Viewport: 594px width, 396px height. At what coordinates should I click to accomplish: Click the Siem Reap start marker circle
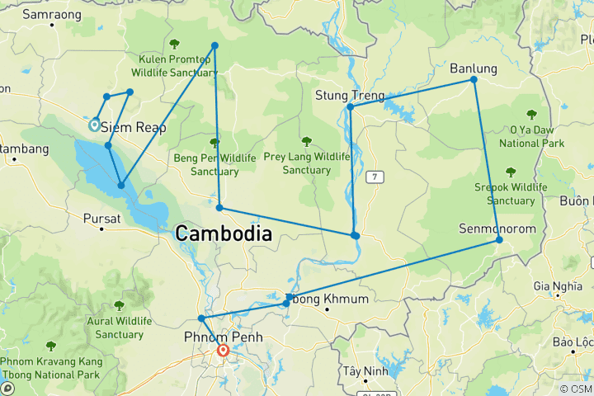(x=94, y=125)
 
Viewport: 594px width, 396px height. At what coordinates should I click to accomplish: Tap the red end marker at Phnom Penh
(x=223, y=350)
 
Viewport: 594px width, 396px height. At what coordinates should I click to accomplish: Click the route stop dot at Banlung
(x=474, y=79)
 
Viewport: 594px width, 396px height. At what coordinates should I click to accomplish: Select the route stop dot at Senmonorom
(x=499, y=240)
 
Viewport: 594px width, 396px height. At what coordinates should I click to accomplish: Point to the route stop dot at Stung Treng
(x=350, y=106)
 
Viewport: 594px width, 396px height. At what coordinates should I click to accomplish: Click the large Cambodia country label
(x=222, y=234)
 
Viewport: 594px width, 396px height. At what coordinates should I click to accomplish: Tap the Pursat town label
(x=102, y=219)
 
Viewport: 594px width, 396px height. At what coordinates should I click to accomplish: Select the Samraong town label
(x=51, y=14)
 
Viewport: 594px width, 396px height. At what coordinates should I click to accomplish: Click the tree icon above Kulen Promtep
(x=173, y=44)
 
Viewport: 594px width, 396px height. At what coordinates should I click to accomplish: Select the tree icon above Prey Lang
(x=307, y=141)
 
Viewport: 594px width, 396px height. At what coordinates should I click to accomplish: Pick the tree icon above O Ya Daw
(x=532, y=115)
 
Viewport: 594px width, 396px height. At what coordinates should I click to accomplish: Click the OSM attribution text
(x=575, y=389)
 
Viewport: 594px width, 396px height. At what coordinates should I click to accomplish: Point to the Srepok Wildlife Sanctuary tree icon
(x=510, y=172)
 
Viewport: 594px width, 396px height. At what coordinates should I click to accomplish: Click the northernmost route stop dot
(x=214, y=45)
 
